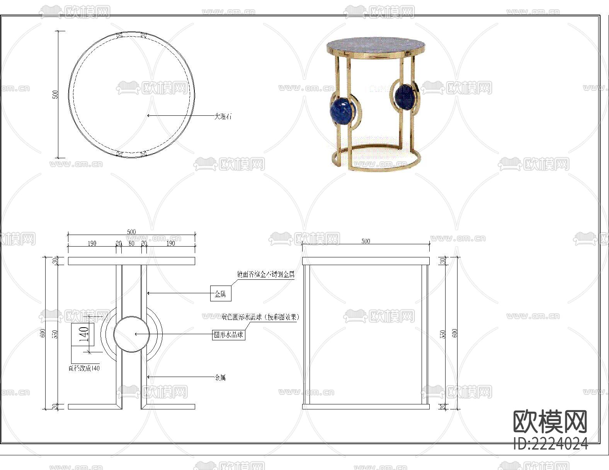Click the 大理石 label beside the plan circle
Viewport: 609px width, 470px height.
(x=223, y=116)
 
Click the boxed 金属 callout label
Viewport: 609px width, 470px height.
(x=220, y=294)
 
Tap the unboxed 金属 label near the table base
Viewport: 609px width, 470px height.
(x=220, y=377)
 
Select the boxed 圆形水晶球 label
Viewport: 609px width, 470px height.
(x=229, y=335)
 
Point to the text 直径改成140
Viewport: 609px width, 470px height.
(x=84, y=368)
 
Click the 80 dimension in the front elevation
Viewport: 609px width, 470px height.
(x=131, y=243)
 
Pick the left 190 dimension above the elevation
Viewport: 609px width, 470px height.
(x=92, y=243)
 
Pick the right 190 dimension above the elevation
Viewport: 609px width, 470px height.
(x=170, y=243)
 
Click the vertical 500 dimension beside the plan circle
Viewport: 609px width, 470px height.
(x=55, y=95)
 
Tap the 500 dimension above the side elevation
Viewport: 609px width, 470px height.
(x=366, y=241)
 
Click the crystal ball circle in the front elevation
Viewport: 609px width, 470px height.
(x=131, y=334)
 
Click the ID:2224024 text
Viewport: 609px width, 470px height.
(x=551, y=444)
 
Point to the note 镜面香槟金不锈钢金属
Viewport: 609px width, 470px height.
(x=266, y=274)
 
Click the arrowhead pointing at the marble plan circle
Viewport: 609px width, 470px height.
(x=149, y=115)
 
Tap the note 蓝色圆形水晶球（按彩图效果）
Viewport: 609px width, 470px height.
(x=260, y=317)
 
